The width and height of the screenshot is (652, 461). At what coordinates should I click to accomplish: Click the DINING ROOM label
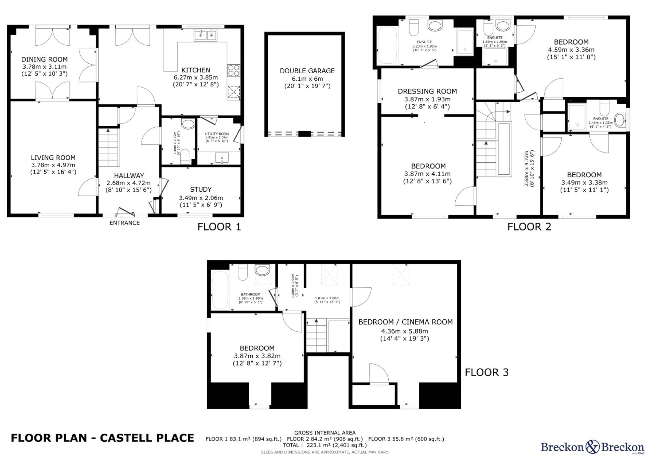(45, 59)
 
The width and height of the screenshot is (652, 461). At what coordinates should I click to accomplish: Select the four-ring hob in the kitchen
(234, 71)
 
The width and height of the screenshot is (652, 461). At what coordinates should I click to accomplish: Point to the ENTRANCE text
(125, 223)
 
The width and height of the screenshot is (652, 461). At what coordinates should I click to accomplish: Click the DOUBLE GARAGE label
(307, 71)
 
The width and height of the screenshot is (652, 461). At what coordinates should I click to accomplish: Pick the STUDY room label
(201, 189)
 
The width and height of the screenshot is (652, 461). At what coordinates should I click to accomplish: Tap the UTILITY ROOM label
(217, 134)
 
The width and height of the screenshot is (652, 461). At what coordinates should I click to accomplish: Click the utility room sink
(222, 158)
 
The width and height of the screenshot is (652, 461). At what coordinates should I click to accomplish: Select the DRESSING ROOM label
(427, 91)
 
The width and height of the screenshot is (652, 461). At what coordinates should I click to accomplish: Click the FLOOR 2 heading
(529, 227)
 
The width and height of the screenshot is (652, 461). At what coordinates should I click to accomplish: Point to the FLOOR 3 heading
(487, 372)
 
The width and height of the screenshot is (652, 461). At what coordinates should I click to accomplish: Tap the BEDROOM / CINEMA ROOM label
(405, 322)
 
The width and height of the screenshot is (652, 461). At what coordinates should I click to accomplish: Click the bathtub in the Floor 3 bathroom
(220, 290)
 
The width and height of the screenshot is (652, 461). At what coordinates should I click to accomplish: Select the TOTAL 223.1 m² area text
(325, 445)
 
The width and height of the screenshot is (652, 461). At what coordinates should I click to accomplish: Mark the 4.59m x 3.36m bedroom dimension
(571, 49)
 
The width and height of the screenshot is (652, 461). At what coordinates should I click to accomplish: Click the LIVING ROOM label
(53, 158)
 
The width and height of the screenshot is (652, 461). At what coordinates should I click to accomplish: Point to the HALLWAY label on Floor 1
(129, 176)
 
